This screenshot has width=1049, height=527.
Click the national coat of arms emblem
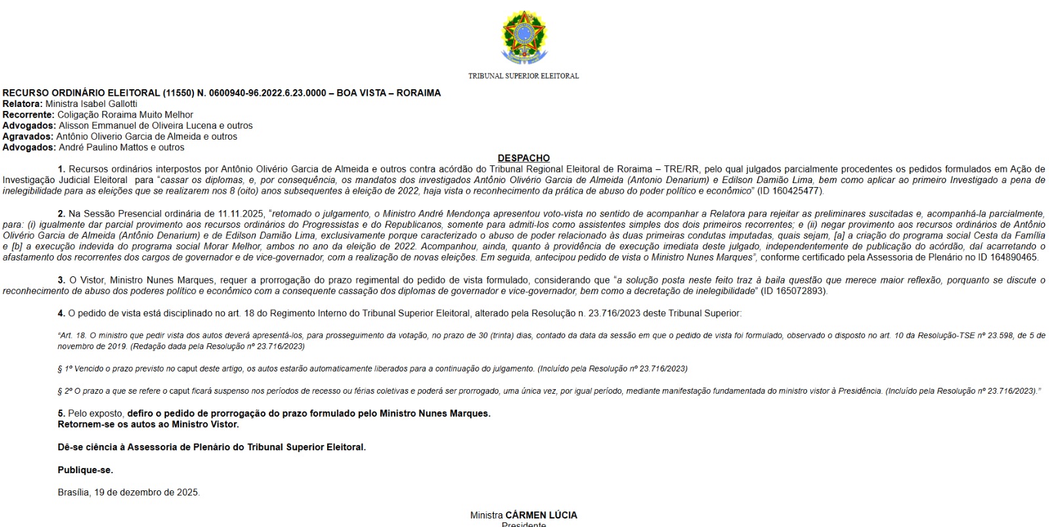click(x=523, y=37)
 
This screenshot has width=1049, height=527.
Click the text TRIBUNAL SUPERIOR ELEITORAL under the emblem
click(x=523, y=76)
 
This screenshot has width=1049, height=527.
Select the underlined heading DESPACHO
click(x=523, y=158)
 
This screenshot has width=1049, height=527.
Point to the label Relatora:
click(x=22, y=104)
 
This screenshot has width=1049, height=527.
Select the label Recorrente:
click(x=28, y=115)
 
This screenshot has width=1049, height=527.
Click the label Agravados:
click(x=28, y=137)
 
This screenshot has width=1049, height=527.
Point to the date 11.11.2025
click(x=241, y=214)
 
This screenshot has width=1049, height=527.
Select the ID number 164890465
click(x=1014, y=257)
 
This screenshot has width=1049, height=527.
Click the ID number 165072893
click(x=800, y=291)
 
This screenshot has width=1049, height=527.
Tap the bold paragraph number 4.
click(x=62, y=314)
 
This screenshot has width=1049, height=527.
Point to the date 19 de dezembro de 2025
click(x=147, y=492)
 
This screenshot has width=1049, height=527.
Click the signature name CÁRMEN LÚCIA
click(x=541, y=515)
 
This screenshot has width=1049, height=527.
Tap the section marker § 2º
click(x=65, y=391)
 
